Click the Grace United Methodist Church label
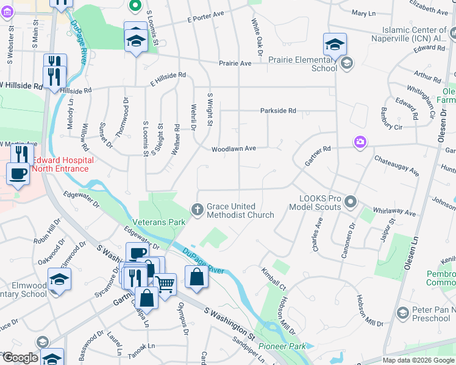(x=240, y=210)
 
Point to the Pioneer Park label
(x=281, y=346)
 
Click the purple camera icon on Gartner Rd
(x=360, y=142)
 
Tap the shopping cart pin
(x=165, y=282)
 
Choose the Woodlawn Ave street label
(x=233, y=148)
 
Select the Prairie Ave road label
(x=235, y=63)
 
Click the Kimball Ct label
(x=274, y=277)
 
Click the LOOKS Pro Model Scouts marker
(x=350, y=201)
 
